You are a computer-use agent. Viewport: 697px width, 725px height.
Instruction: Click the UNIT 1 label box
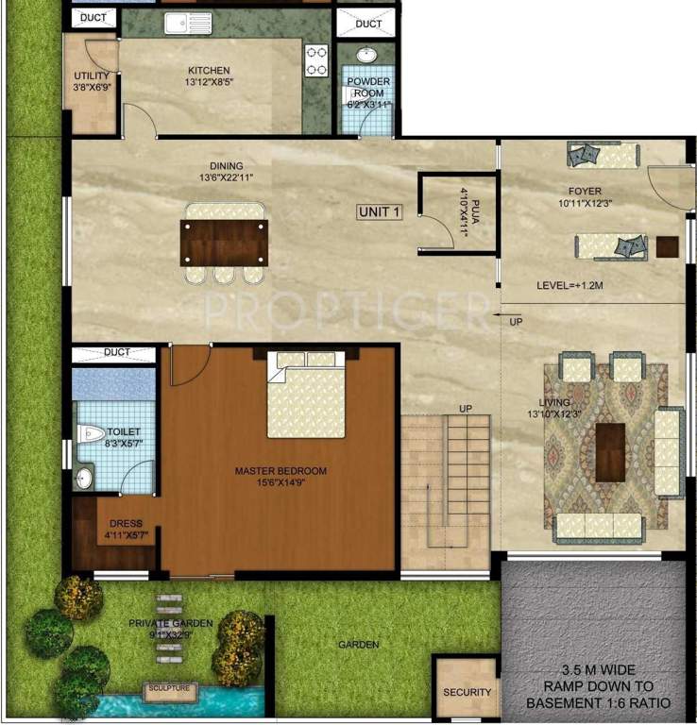click(380, 212)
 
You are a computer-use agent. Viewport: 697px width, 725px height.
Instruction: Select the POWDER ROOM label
click(368, 87)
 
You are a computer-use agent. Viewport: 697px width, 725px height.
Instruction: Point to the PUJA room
click(457, 213)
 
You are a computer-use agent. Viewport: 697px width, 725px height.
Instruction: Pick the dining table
click(225, 243)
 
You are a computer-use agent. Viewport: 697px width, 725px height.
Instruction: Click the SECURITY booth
click(467, 691)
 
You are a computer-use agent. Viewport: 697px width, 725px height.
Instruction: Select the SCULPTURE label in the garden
click(169, 689)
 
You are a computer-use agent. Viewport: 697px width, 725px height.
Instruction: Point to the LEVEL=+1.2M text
click(569, 285)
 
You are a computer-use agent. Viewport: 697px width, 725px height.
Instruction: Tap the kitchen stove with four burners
click(315, 59)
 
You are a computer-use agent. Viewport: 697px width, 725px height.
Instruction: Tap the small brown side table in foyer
click(668, 247)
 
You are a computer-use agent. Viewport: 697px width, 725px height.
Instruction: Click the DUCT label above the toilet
click(117, 352)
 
